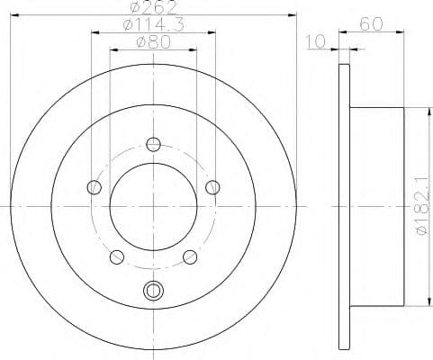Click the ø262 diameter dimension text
click(152, 9)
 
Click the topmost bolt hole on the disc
click(153, 144)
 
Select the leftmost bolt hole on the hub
click(94, 187)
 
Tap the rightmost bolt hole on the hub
click(212, 187)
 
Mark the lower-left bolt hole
click(116, 257)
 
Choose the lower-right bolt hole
click(190, 257)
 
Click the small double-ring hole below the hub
click(153, 290)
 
